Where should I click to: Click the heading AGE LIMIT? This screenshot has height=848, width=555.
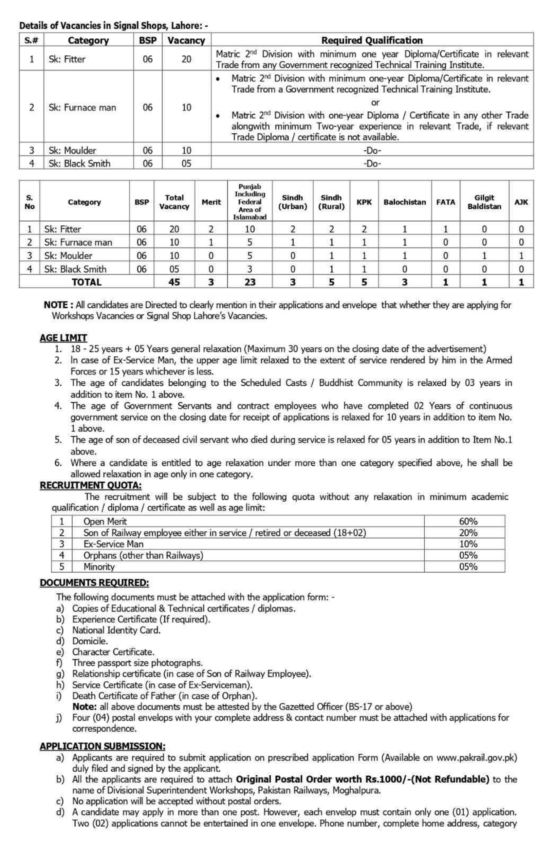(x=63, y=338)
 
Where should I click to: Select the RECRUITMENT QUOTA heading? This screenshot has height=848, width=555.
(x=91, y=485)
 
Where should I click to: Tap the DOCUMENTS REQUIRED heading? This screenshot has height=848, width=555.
(x=94, y=582)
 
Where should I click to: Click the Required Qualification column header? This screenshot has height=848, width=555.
(x=372, y=40)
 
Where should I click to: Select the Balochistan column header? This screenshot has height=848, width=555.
(x=404, y=202)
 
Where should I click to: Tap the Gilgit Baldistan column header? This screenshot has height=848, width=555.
(x=484, y=202)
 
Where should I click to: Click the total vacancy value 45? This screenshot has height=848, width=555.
(x=174, y=282)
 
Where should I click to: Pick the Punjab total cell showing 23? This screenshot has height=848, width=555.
(x=250, y=282)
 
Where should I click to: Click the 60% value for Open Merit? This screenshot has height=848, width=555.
(x=468, y=521)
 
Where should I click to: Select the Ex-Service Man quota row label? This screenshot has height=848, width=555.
(x=113, y=544)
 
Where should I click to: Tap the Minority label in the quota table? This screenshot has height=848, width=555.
(x=99, y=566)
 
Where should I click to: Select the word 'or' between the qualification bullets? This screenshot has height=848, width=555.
(x=375, y=103)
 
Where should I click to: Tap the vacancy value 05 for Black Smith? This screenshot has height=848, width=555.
(x=186, y=163)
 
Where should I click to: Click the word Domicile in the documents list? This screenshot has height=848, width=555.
(x=90, y=641)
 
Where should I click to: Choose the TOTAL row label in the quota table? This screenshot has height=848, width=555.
(x=86, y=282)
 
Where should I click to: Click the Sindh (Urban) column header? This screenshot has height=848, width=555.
(x=292, y=202)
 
